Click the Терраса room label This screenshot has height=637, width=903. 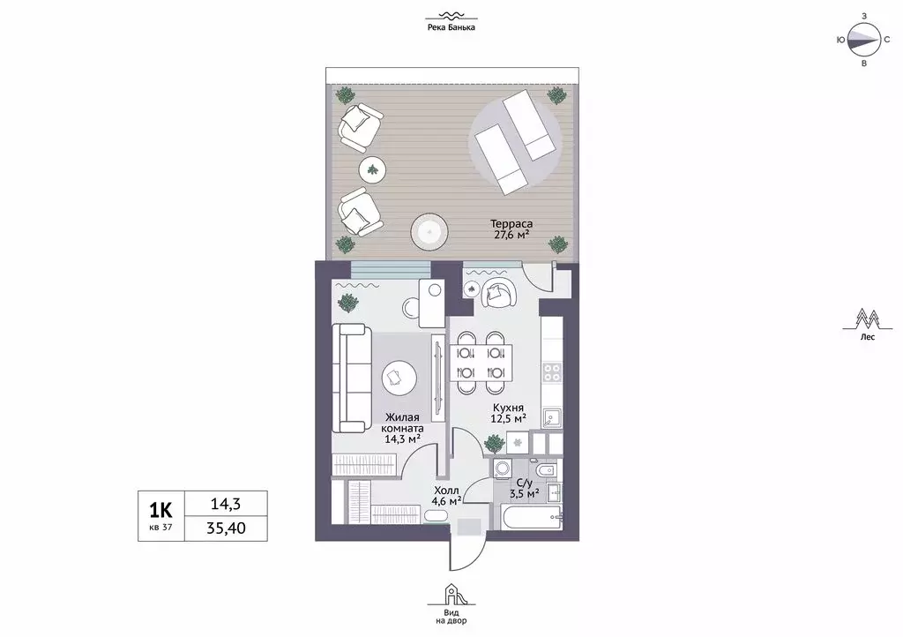click(x=511, y=223)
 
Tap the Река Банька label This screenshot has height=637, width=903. click(x=451, y=27)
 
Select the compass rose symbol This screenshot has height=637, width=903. click(x=864, y=40)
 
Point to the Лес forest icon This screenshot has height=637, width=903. click(x=867, y=318)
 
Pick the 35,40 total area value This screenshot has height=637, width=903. click(x=226, y=528)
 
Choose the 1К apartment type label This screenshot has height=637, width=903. click(x=160, y=510)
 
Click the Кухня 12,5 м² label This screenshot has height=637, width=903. click(x=509, y=413)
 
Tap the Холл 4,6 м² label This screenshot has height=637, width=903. click(x=447, y=496)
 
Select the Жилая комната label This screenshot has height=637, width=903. click(x=402, y=423)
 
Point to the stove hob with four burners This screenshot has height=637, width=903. click(x=552, y=372)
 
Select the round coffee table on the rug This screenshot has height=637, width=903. click(x=399, y=378)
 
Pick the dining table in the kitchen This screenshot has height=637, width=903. click(x=481, y=363)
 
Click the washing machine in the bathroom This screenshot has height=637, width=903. click(x=499, y=468)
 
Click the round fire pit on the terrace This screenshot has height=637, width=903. click(x=429, y=232)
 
